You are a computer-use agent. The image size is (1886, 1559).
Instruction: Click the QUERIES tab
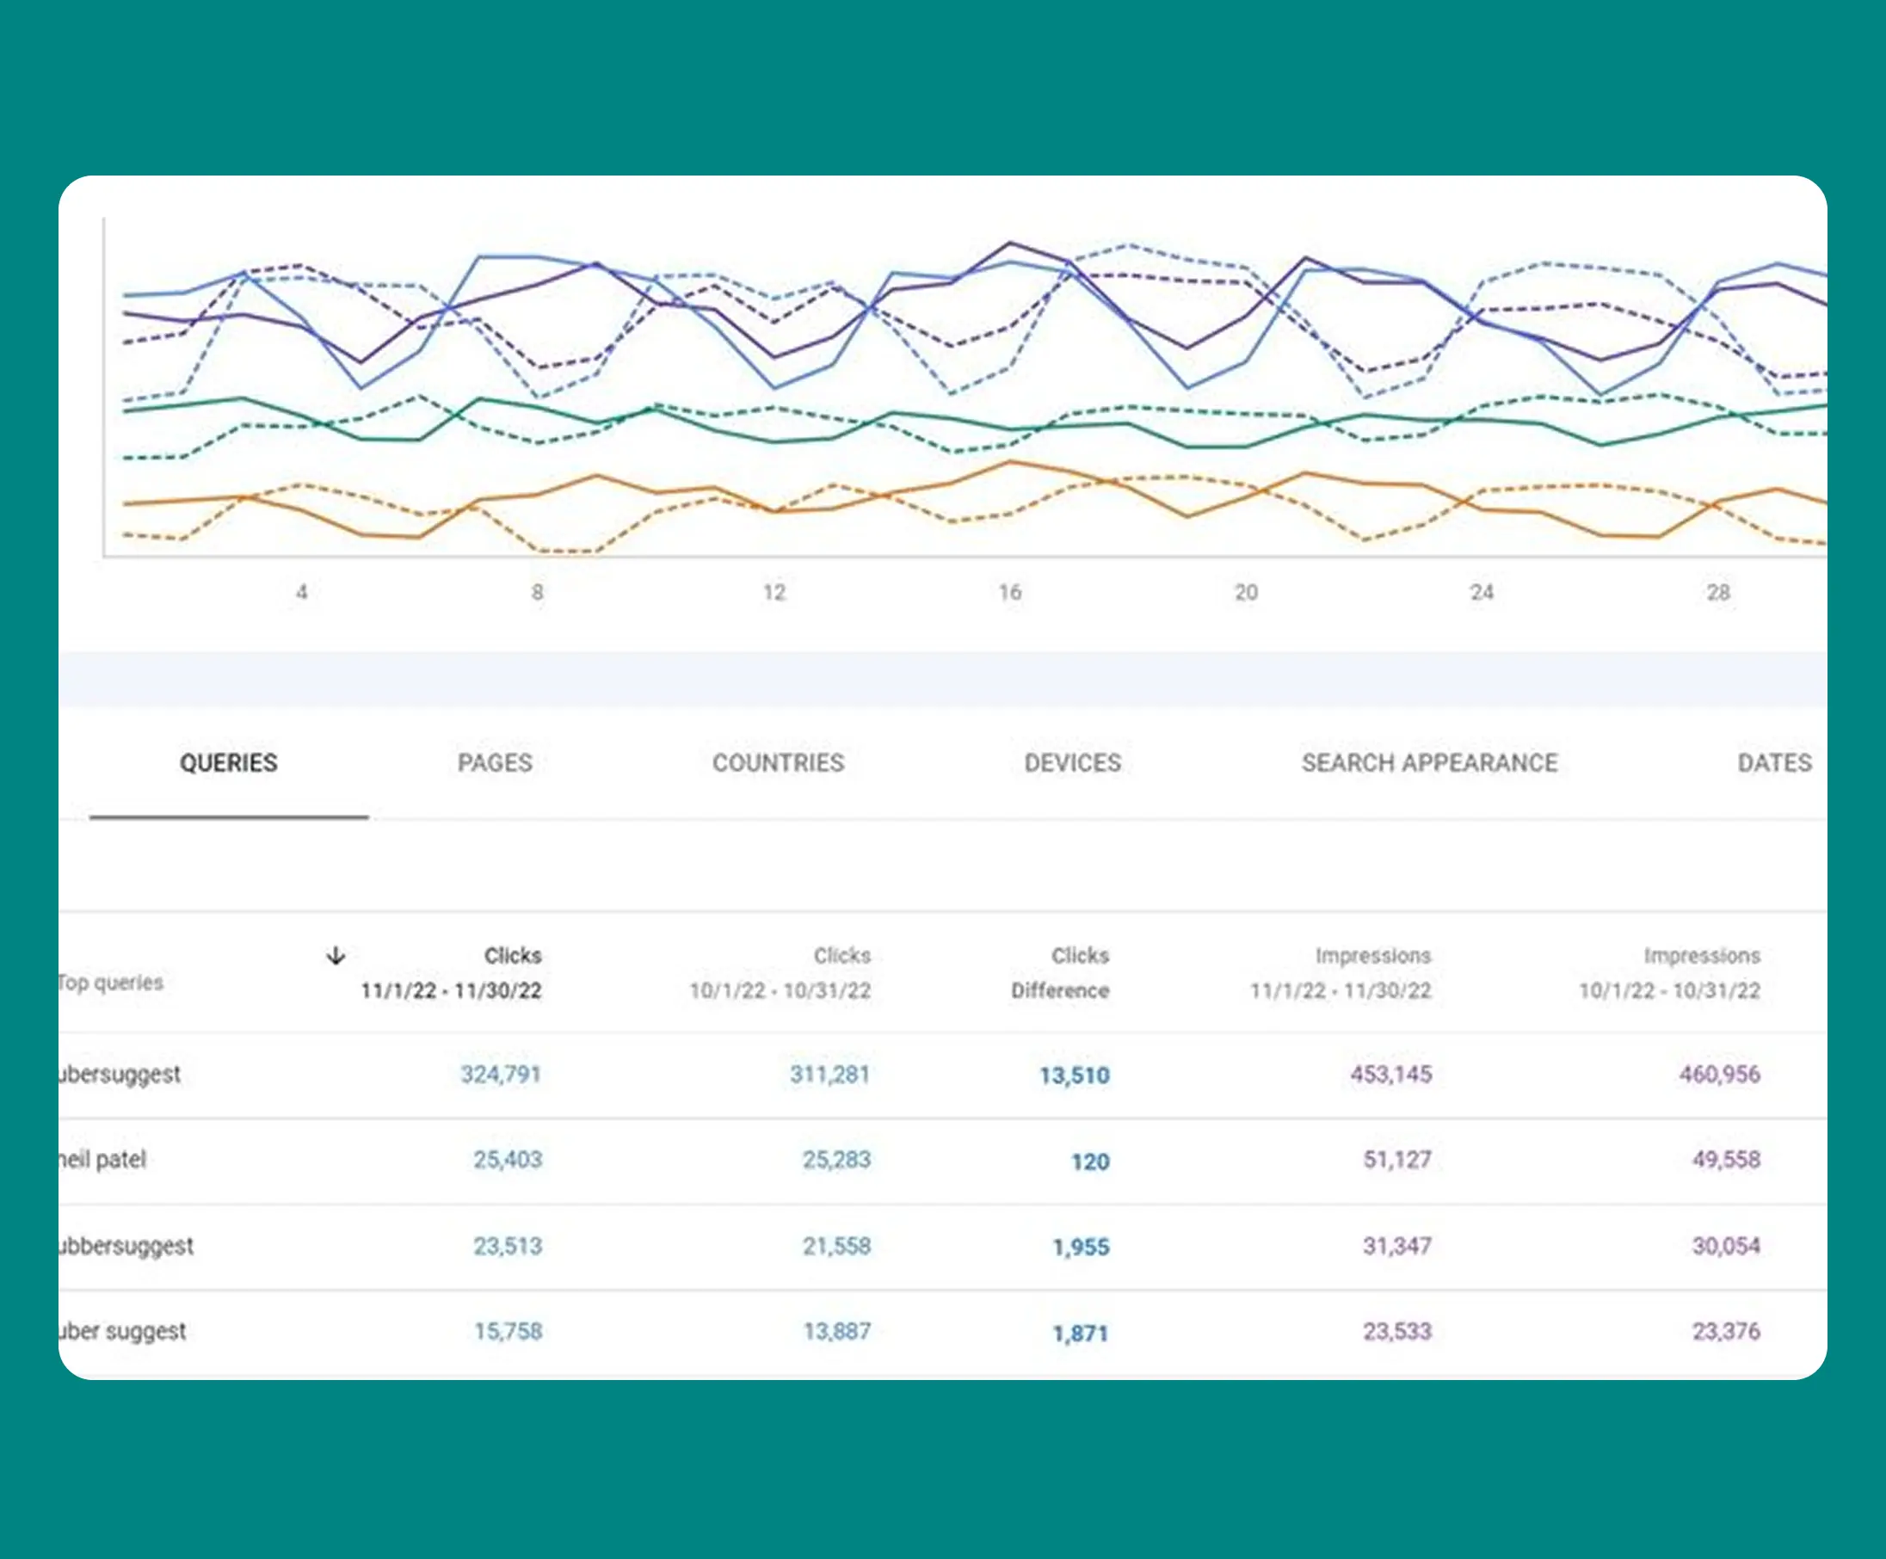click(228, 763)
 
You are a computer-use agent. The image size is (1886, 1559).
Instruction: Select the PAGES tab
click(495, 763)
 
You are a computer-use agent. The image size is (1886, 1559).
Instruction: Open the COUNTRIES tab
click(778, 763)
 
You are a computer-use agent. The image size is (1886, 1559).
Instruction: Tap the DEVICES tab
click(1072, 763)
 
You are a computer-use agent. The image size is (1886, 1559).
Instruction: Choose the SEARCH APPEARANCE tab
click(1429, 763)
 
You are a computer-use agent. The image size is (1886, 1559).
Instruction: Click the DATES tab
click(1774, 763)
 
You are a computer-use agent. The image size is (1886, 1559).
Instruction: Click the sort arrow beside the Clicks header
click(336, 956)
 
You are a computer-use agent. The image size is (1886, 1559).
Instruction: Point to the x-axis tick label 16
click(1009, 593)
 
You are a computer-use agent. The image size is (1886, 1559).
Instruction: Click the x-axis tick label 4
click(302, 593)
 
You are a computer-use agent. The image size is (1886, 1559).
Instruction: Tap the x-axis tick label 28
click(1717, 593)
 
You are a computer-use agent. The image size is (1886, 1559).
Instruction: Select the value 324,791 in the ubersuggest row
click(500, 1074)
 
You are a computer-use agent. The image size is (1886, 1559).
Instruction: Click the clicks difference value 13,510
click(1074, 1075)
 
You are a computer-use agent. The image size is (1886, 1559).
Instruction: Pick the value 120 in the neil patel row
click(1089, 1162)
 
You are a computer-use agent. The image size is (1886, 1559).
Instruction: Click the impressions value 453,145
click(1390, 1074)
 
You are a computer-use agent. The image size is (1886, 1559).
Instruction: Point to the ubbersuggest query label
click(126, 1247)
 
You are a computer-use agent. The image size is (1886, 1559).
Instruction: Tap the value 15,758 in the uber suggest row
click(508, 1331)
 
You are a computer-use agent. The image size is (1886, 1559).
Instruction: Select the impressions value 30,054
click(1725, 1246)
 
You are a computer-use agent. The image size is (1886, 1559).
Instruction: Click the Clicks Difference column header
click(1061, 972)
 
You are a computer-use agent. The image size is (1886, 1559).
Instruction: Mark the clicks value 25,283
click(836, 1160)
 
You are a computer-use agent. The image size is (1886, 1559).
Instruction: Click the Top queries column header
click(110, 983)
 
